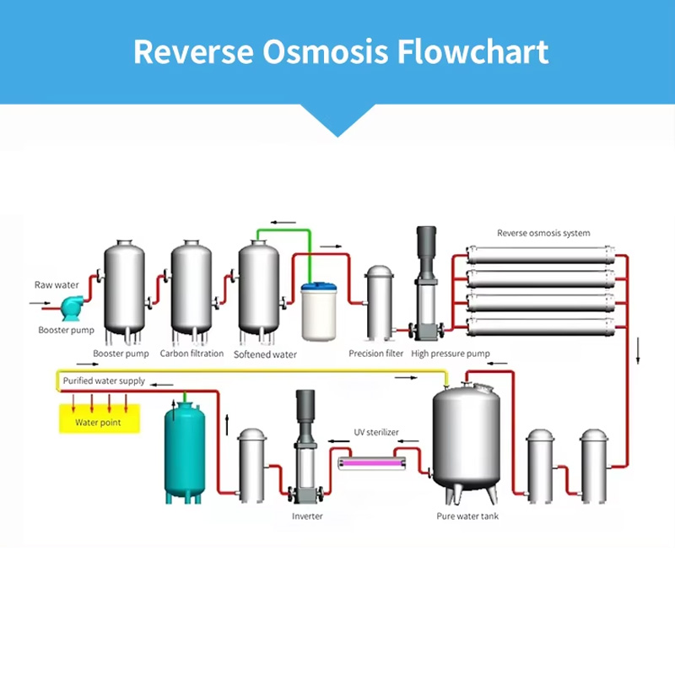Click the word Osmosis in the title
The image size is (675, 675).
point(325,52)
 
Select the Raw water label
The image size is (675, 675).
point(57,285)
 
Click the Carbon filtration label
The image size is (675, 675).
point(192,354)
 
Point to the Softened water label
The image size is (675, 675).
point(265,354)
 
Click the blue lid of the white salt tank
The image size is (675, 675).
point(319,287)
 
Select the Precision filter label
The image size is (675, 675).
point(375,354)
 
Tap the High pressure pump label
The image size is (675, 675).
point(451,354)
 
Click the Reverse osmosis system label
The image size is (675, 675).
point(543,233)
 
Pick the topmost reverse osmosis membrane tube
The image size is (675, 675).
point(541,255)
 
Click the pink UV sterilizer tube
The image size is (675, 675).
point(372,463)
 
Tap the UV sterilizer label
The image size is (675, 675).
point(376,432)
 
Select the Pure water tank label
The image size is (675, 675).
point(467,516)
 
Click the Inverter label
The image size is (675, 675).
point(307,516)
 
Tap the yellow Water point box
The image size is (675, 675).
point(100,418)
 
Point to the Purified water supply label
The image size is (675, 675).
point(104,381)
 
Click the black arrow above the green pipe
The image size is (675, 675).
point(283,223)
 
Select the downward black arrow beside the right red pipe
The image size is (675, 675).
point(638,351)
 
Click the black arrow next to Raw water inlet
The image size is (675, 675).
point(40,303)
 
